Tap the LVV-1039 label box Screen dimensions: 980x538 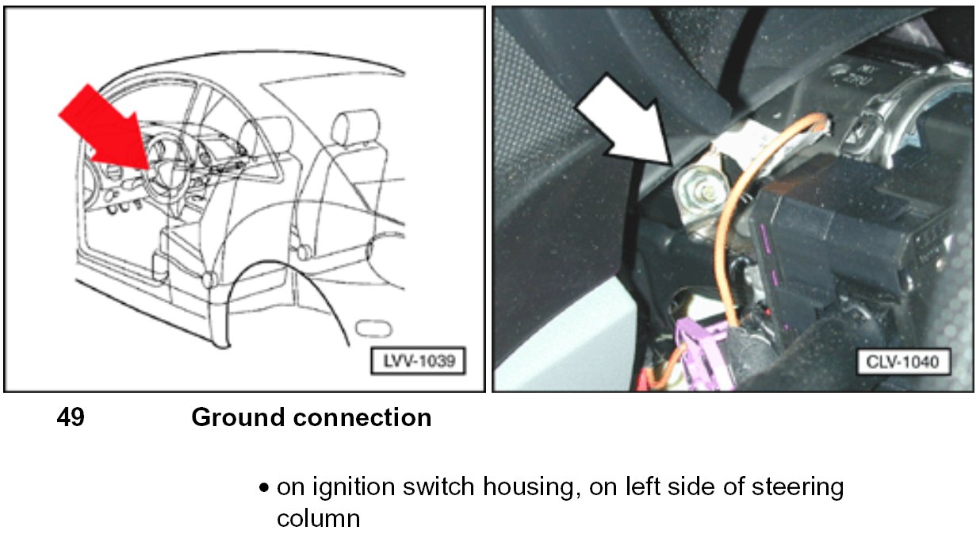pyautogui.click(x=418, y=360)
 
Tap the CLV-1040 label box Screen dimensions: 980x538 pyautogui.click(x=903, y=363)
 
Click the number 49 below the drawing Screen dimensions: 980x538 pyautogui.click(x=71, y=418)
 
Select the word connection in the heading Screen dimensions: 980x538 pyautogui.click(x=368, y=418)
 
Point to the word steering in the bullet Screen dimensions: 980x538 pyautogui.click(x=794, y=487)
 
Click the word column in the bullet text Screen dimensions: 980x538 pyautogui.click(x=318, y=519)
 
